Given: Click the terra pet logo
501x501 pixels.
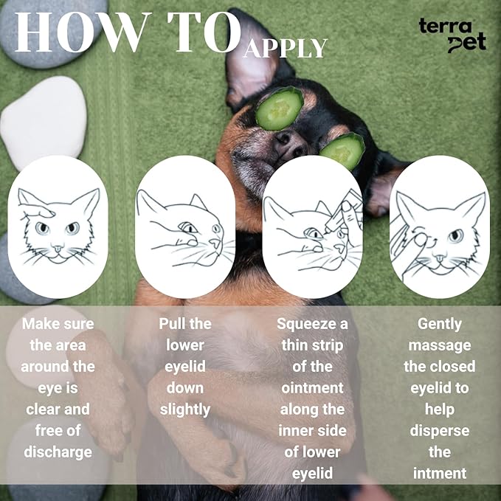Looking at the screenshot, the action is [452, 35].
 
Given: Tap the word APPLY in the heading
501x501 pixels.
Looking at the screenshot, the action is [286, 49].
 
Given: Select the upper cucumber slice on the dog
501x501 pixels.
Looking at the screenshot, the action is [279, 108].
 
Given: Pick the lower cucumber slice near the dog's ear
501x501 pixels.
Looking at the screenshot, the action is [343, 151].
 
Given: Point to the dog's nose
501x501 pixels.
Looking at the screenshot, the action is [289, 143].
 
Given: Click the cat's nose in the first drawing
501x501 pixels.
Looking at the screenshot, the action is [58, 248].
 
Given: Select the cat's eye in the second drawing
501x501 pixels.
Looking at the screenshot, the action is [188, 227].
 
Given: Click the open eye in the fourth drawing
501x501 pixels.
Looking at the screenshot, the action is [456, 236].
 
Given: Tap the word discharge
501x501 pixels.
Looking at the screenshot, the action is [58, 452].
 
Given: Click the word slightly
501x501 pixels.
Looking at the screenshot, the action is [185, 410].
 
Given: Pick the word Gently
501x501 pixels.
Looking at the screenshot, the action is [439, 325].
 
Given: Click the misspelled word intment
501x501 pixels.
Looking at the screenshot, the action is [439, 473].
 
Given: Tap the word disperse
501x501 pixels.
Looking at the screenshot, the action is [439, 431].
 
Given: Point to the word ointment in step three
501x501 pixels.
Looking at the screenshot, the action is [312, 388].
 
